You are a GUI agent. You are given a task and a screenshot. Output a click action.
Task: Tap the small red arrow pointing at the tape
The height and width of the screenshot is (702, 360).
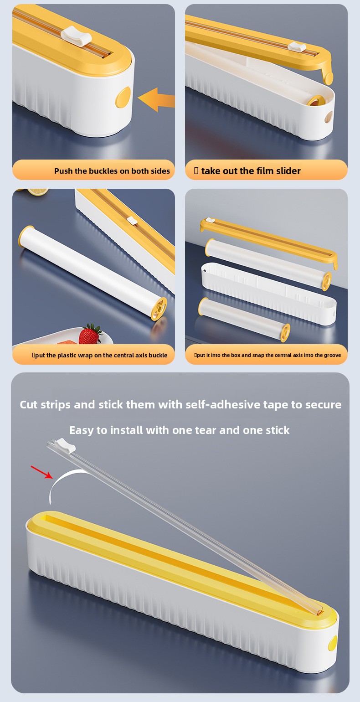click(41, 472)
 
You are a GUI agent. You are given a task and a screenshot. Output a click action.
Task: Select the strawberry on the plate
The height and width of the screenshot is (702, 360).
click(90, 335)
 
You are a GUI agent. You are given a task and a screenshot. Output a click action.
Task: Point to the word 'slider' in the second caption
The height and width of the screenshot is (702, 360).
click(288, 171)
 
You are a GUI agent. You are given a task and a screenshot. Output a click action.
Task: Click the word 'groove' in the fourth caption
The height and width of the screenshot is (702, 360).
click(332, 355)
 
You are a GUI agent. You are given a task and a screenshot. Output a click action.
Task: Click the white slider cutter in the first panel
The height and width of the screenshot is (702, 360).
click(76, 37)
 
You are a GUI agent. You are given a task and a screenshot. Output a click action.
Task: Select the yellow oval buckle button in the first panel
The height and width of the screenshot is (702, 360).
click(123, 97)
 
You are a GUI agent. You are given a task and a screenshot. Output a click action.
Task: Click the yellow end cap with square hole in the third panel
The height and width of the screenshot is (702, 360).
click(159, 309)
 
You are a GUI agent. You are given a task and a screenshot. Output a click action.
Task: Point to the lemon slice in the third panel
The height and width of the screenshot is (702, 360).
click(37, 191)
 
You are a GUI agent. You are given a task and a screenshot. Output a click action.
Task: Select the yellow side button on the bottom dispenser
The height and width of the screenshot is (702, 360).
click(332, 642)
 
